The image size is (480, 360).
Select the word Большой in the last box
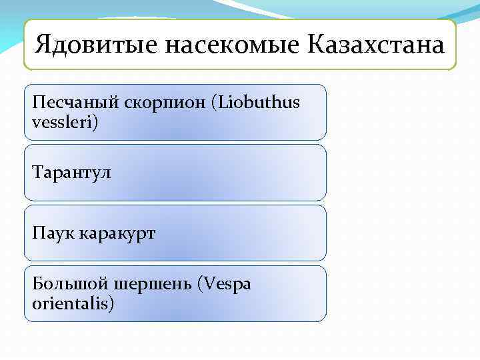click(63, 284)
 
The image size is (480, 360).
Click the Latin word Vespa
click(227, 284)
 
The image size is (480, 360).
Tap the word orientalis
click(70, 304)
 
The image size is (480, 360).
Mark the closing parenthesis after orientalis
click(112, 305)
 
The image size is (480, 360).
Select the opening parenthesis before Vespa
click(201, 285)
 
